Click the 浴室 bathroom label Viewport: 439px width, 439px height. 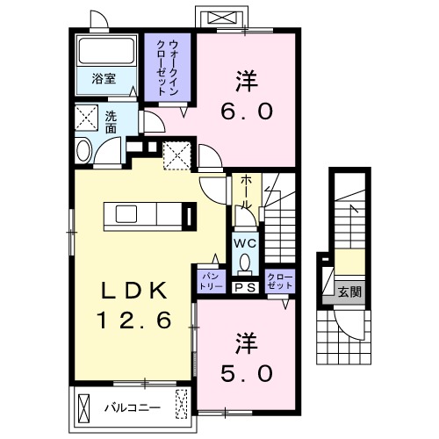[x=103, y=78]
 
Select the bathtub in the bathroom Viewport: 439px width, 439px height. [x=104, y=50]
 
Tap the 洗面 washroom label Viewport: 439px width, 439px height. [x=111, y=122]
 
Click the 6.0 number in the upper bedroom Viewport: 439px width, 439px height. [x=247, y=112]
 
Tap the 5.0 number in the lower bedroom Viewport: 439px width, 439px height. [x=247, y=373]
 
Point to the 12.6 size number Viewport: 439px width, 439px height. [x=133, y=322]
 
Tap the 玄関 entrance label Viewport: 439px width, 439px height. [x=349, y=292]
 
